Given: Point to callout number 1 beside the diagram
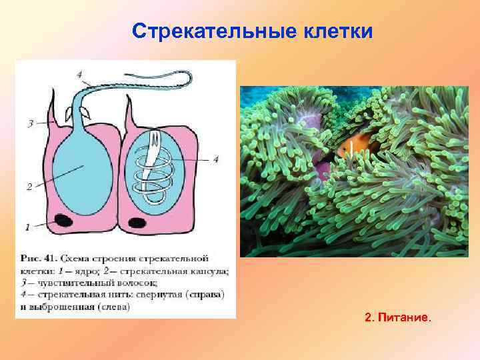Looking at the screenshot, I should pos(27,227).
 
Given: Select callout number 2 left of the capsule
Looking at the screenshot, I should pos(29,187).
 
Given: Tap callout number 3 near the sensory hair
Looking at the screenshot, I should pos(30,123).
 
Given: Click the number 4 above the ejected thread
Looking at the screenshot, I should pos(79,75).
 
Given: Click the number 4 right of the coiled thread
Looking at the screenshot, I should pos(215,159).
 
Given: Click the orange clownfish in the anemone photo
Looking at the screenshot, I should pos(348,148).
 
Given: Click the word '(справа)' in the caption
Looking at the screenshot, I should pos(204,295).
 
